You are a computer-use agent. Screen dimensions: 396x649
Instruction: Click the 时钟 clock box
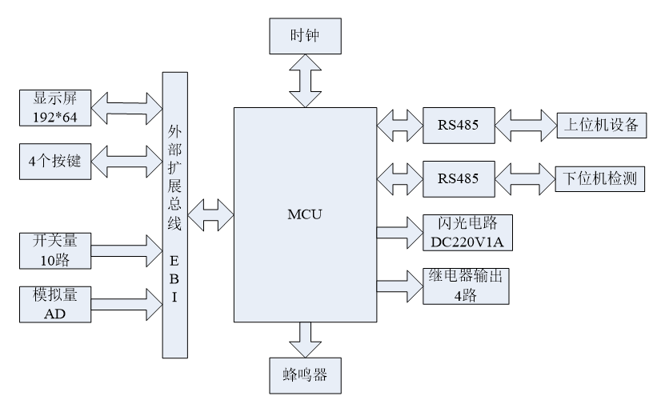304,37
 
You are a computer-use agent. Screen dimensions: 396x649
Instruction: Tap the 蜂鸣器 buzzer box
304,374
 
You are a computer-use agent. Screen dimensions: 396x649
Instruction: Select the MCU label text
304,214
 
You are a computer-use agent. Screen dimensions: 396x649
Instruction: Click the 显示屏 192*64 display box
56,106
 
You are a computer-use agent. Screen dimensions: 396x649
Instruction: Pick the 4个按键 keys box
56,160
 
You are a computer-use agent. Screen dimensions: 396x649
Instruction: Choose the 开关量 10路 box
56,250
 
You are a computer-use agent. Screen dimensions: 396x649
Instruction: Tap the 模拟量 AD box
56,304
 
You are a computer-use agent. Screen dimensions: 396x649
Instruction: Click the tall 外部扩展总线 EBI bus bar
174,214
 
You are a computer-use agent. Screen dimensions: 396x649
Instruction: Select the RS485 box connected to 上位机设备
459,125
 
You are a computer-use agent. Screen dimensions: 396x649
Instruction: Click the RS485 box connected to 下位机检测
459,178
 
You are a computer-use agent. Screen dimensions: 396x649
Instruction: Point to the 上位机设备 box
600,125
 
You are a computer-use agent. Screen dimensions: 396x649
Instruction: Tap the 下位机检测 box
600,178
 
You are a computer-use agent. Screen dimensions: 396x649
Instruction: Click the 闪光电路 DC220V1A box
469,232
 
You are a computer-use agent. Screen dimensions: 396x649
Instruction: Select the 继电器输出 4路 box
469,286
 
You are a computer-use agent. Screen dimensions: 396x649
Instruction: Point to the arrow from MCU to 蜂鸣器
304,338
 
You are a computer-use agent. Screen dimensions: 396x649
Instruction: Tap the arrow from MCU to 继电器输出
399,286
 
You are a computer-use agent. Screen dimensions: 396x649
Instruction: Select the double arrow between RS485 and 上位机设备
525,125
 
